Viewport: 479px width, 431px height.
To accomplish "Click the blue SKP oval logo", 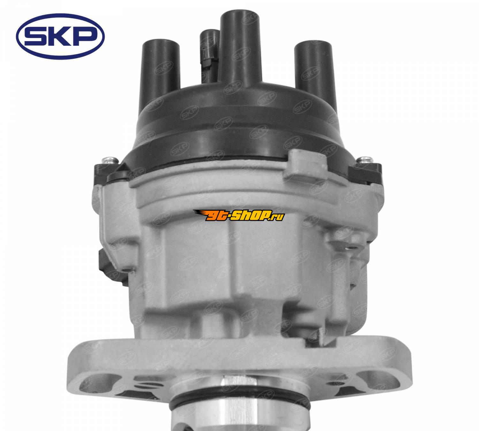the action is coord(60,36).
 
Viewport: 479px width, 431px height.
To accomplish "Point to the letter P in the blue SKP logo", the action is coord(84,37).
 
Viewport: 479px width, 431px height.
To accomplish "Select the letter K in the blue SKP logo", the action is coord(60,37).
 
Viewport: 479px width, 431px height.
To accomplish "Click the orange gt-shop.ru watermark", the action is coord(239,215).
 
